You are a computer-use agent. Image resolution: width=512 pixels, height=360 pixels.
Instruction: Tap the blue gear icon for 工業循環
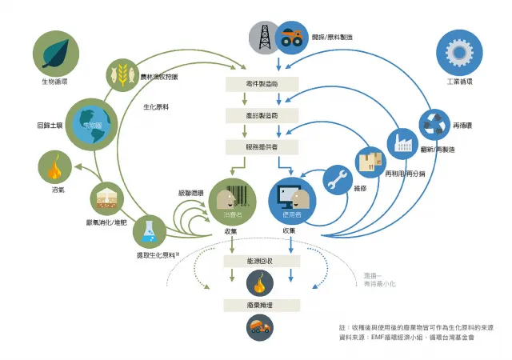(458, 50)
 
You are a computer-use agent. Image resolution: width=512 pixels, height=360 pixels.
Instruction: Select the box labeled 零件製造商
(261, 83)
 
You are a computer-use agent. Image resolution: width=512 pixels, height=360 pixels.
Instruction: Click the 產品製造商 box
(261, 116)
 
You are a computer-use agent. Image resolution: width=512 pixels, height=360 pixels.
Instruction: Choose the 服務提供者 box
(261, 147)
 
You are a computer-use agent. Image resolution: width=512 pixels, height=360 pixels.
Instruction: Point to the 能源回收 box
(261, 262)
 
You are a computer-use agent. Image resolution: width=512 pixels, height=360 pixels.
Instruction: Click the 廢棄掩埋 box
(261, 305)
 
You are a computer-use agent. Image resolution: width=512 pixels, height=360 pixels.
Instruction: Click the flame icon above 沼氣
(55, 169)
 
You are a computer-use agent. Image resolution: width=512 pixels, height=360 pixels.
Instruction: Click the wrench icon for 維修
(338, 181)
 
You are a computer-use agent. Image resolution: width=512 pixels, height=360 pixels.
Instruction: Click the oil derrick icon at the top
(261, 37)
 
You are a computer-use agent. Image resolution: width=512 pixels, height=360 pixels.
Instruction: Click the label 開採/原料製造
(332, 38)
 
